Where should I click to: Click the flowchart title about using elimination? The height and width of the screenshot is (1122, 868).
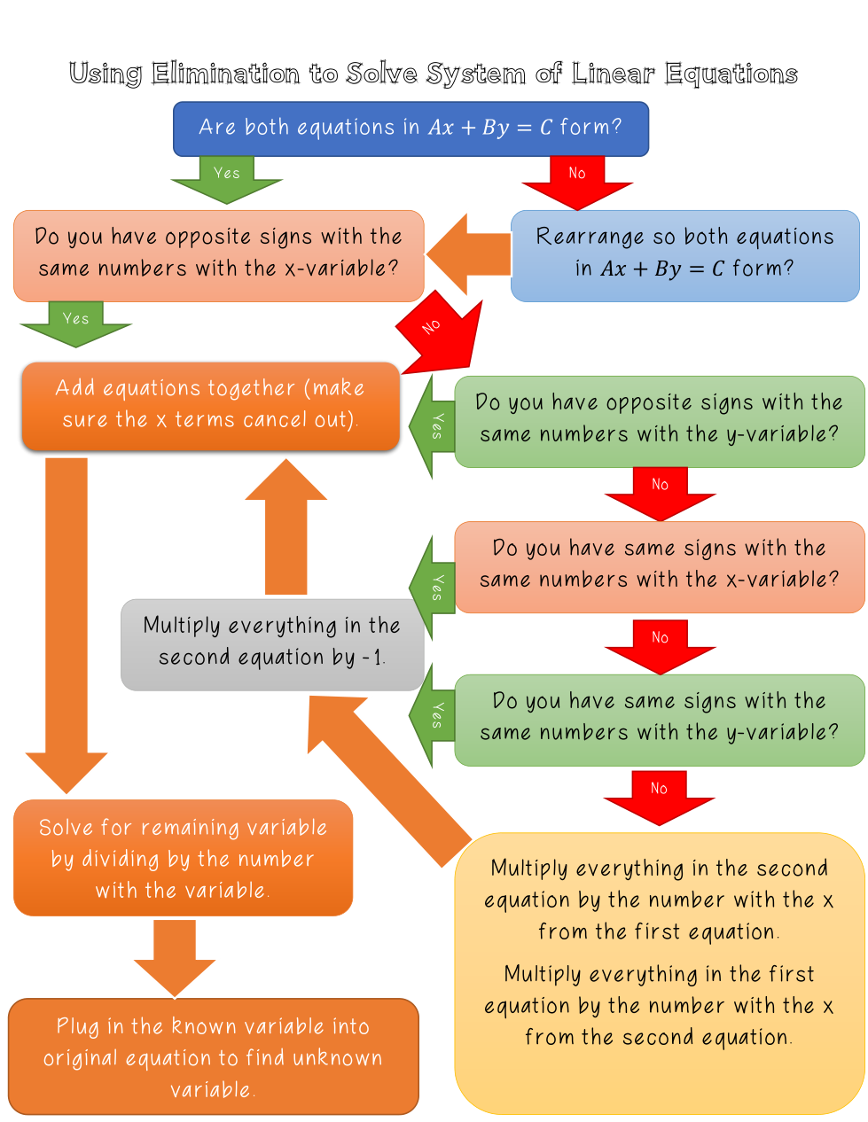(433, 73)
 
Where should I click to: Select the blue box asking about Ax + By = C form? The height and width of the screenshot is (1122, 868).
(411, 129)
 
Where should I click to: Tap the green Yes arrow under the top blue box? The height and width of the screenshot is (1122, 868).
(227, 178)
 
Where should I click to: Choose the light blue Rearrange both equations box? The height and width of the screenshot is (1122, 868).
(684, 255)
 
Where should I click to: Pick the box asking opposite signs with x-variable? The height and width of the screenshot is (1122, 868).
(218, 255)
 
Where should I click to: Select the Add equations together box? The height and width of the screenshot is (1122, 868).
(210, 405)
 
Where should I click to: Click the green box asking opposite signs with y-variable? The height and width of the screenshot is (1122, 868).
(659, 421)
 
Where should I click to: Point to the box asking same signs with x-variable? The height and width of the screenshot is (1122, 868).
(659, 566)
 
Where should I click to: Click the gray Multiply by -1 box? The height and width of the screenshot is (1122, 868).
(271, 644)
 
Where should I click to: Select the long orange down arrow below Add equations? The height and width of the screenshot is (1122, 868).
(66, 620)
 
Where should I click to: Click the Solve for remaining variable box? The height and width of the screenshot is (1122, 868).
(183, 858)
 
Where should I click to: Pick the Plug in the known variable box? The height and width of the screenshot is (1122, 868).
(213, 1056)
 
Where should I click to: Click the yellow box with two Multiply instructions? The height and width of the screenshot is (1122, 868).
(659, 972)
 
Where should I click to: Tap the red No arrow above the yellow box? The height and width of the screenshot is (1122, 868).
(659, 796)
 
